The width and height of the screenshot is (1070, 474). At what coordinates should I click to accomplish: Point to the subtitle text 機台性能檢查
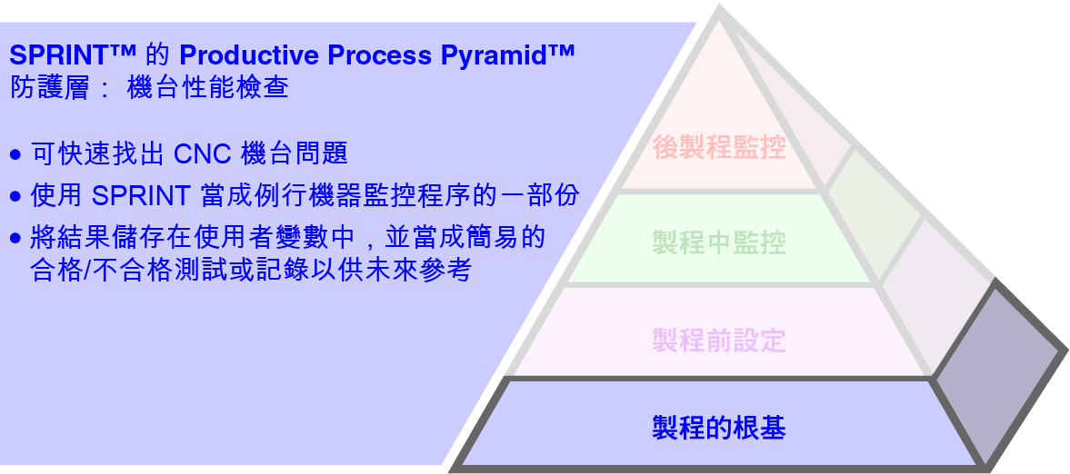point(209,89)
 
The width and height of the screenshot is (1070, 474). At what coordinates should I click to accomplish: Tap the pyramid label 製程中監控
point(719,242)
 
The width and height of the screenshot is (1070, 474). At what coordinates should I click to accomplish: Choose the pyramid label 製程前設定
point(719,341)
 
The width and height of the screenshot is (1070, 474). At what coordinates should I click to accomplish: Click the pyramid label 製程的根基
point(719,427)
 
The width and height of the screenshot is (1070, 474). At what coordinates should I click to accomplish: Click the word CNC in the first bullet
point(204,153)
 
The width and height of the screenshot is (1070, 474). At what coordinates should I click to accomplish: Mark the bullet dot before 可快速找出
point(15,155)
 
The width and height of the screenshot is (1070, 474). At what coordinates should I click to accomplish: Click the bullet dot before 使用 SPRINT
point(15,197)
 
